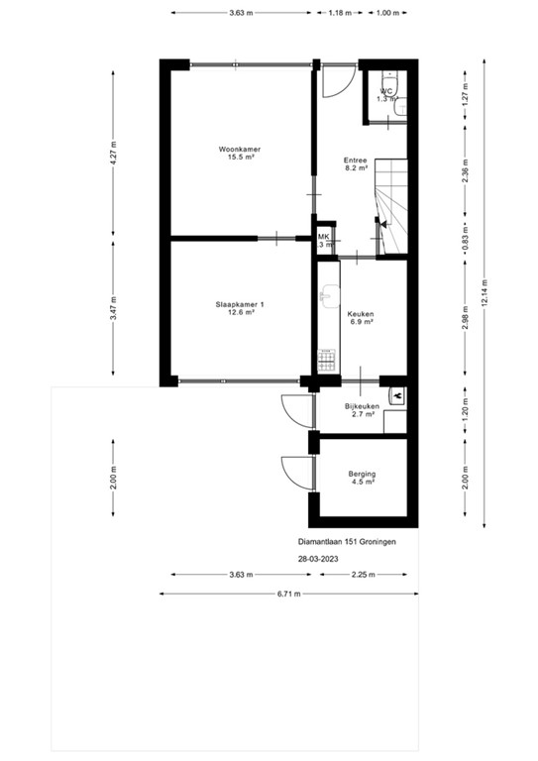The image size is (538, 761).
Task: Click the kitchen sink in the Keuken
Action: pos(327,296)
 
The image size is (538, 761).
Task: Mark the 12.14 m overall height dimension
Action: pos(484,294)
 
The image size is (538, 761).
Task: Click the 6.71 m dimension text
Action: pos(287,595)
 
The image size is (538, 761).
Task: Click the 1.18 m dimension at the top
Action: pos(341,14)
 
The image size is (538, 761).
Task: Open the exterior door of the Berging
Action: pos(294,472)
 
